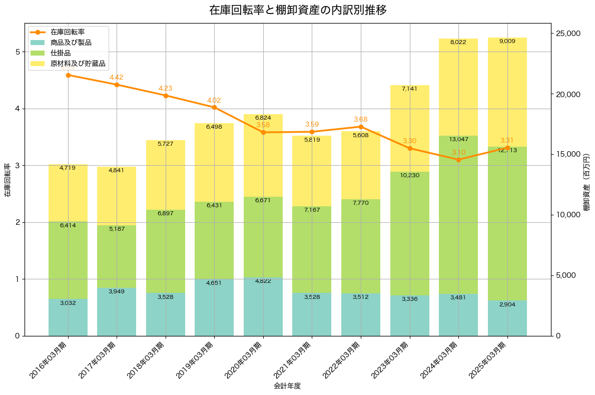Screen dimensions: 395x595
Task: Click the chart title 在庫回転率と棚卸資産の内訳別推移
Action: coord(298,10)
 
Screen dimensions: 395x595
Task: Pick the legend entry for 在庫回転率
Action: coord(68,32)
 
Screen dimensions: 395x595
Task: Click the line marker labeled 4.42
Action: coord(117,85)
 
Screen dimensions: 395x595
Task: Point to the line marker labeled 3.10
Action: coord(458,160)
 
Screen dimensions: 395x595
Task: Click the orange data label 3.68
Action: coord(361,119)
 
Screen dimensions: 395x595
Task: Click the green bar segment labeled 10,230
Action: coord(410,233)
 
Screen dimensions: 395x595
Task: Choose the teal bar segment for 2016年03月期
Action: coord(68,317)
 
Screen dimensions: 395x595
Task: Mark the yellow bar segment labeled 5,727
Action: coord(166,175)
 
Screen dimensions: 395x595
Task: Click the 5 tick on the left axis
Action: coord(17,52)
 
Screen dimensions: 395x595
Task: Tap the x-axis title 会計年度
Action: coord(287,386)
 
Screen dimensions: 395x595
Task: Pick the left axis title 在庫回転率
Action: coord(8,180)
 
